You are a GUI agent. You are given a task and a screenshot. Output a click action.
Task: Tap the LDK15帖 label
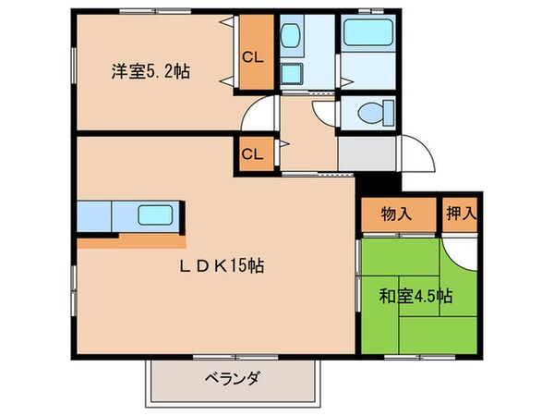click(x=222, y=266)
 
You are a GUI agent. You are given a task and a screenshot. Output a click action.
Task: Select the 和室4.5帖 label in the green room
click(x=416, y=298)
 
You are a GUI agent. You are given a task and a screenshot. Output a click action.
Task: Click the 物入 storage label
click(x=396, y=214)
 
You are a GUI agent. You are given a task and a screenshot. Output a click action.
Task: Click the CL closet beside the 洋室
click(x=252, y=56)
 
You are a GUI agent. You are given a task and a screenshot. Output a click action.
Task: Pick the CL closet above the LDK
click(x=252, y=154)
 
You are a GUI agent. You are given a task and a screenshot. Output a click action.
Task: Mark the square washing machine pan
click(x=293, y=74)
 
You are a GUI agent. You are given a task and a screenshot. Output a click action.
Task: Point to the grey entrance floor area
click(x=367, y=153)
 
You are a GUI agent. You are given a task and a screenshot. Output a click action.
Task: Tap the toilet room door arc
click(x=325, y=111)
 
